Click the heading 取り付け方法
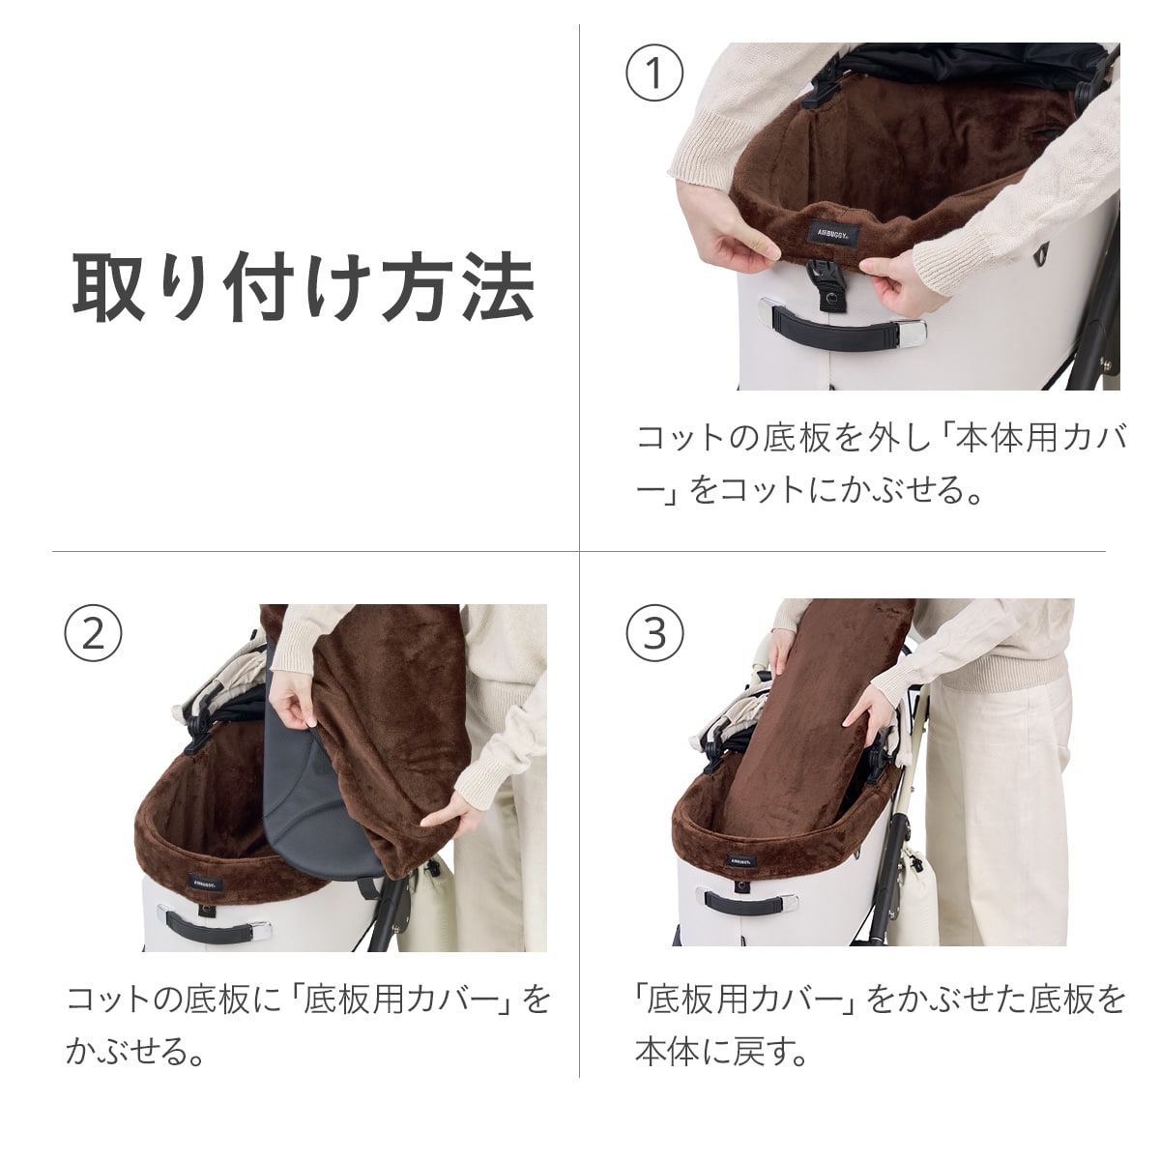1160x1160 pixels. click(304, 287)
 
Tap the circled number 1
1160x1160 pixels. click(654, 73)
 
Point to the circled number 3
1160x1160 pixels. click(654, 633)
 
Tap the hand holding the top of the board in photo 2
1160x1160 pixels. click(293, 703)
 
